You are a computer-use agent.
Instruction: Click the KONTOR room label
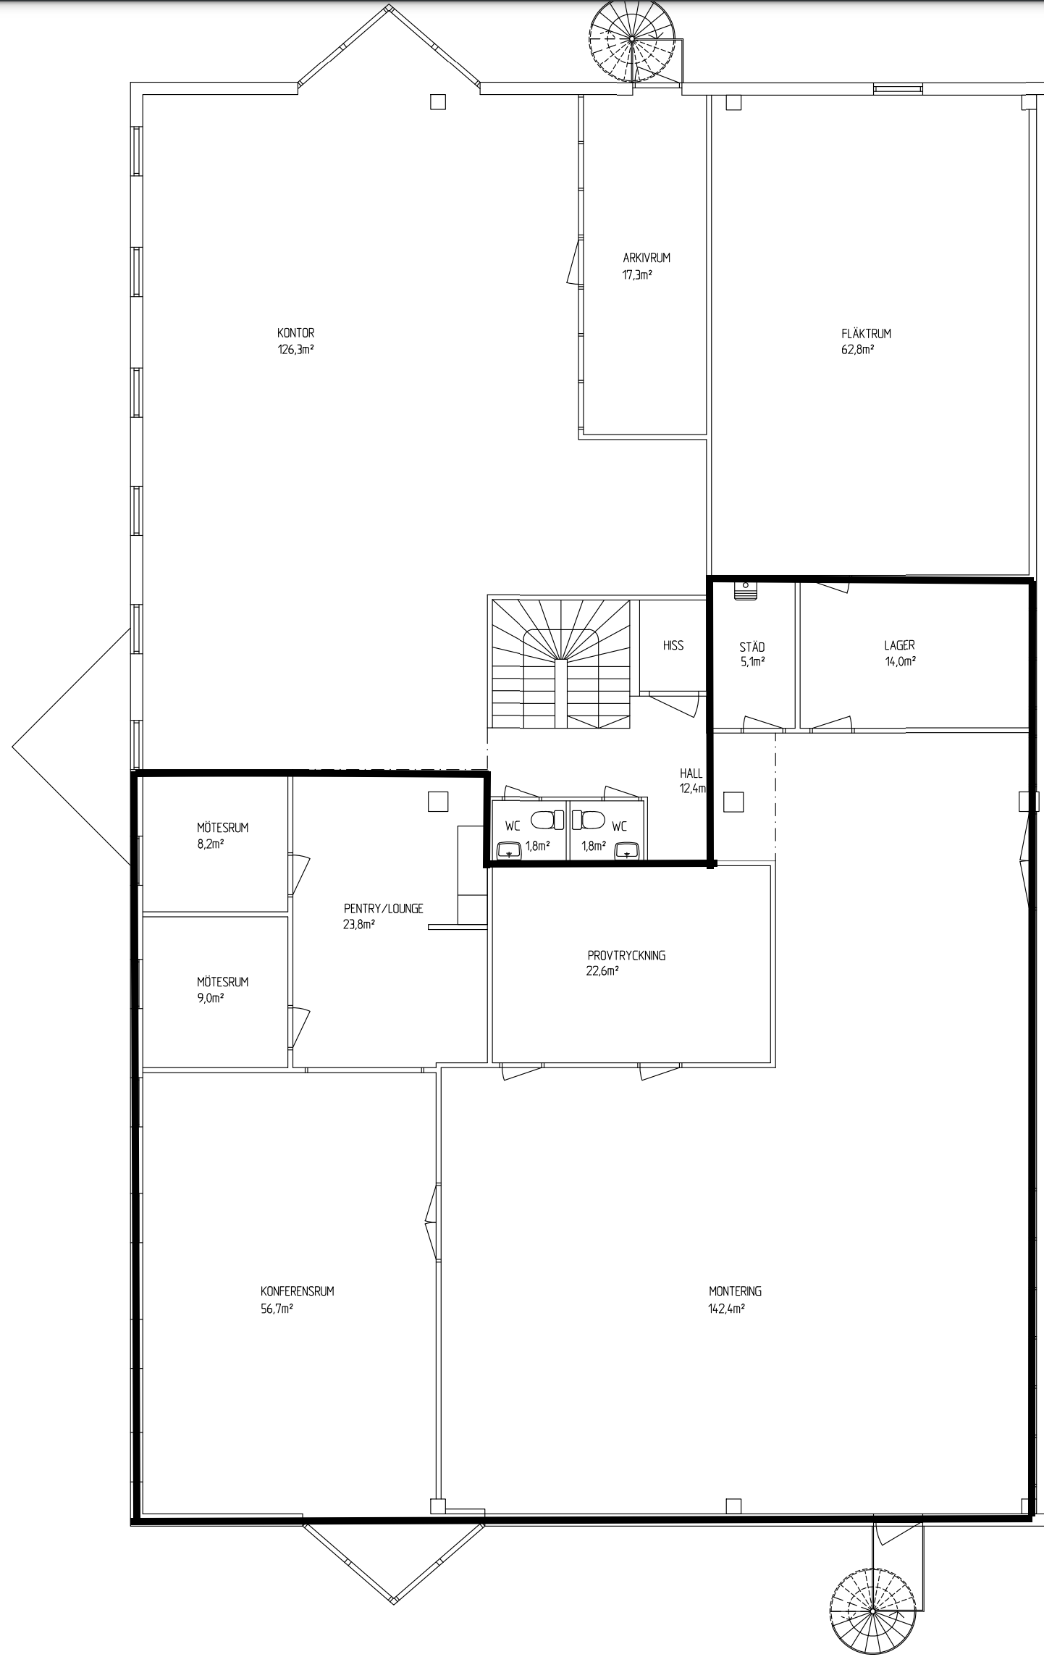pyautogui.click(x=295, y=333)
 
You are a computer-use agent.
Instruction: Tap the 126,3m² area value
pyautogui.click(x=295, y=349)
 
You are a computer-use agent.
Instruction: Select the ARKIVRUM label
pyautogui.click(x=647, y=258)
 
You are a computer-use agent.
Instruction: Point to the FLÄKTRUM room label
pyautogui.click(x=866, y=334)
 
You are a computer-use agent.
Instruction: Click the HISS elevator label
pyautogui.click(x=673, y=645)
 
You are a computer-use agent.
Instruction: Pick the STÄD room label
pyautogui.click(x=752, y=647)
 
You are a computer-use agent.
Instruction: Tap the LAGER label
pyautogui.click(x=899, y=645)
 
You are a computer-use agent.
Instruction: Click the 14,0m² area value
pyautogui.click(x=901, y=661)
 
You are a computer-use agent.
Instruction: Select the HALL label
pyautogui.click(x=691, y=773)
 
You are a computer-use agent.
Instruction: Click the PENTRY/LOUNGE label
pyautogui.click(x=384, y=909)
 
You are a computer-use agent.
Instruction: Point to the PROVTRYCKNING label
pyautogui.click(x=626, y=955)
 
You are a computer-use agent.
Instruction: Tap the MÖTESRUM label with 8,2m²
pyautogui.click(x=222, y=828)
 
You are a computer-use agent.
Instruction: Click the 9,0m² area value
pyautogui.click(x=210, y=998)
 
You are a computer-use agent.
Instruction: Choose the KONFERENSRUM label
pyautogui.click(x=298, y=1291)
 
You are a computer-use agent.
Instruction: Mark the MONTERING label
pyautogui.click(x=735, y=1291)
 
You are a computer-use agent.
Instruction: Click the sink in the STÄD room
pyautogui.click(x=745, y=591)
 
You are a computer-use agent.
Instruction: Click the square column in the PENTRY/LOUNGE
pyautogui.click(x=438, y=802)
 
